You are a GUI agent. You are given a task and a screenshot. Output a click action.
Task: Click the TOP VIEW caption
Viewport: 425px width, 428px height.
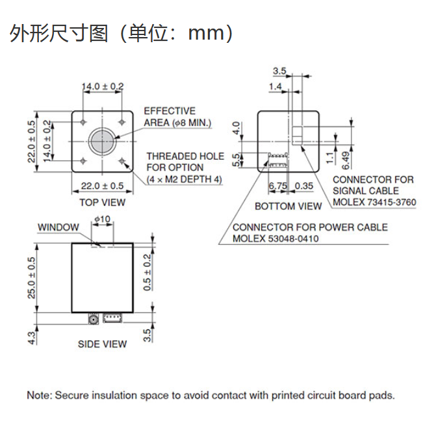[x=102, y=202]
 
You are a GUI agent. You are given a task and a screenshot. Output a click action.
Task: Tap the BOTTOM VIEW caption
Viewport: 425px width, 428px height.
[x=288, y=207]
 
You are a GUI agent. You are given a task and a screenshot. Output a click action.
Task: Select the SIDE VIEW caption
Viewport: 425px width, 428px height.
[x=102, y=344]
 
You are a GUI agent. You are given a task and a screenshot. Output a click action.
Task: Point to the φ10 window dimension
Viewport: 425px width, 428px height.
[x=103, y=220]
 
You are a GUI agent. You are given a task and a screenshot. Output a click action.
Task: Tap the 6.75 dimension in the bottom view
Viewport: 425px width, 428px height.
[x=278, y=186]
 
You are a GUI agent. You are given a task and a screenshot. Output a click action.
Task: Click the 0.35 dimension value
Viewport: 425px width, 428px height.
[x=304, y=186]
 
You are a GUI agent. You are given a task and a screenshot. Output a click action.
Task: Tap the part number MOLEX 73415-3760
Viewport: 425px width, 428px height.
[x=374, y=202]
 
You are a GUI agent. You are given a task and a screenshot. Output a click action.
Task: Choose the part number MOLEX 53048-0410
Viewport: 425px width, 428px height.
[x=276, y=238]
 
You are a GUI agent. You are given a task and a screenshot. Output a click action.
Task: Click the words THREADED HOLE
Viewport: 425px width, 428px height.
[x=185, y=156]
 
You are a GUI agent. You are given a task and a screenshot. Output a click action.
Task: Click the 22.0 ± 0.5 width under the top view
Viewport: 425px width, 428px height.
[x=102, y=186]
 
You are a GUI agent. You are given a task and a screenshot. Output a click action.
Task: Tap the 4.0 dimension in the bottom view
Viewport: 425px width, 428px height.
[x=237, y=127]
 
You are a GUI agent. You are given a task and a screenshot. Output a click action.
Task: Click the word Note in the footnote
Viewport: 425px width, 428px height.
[x=38, y=395]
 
